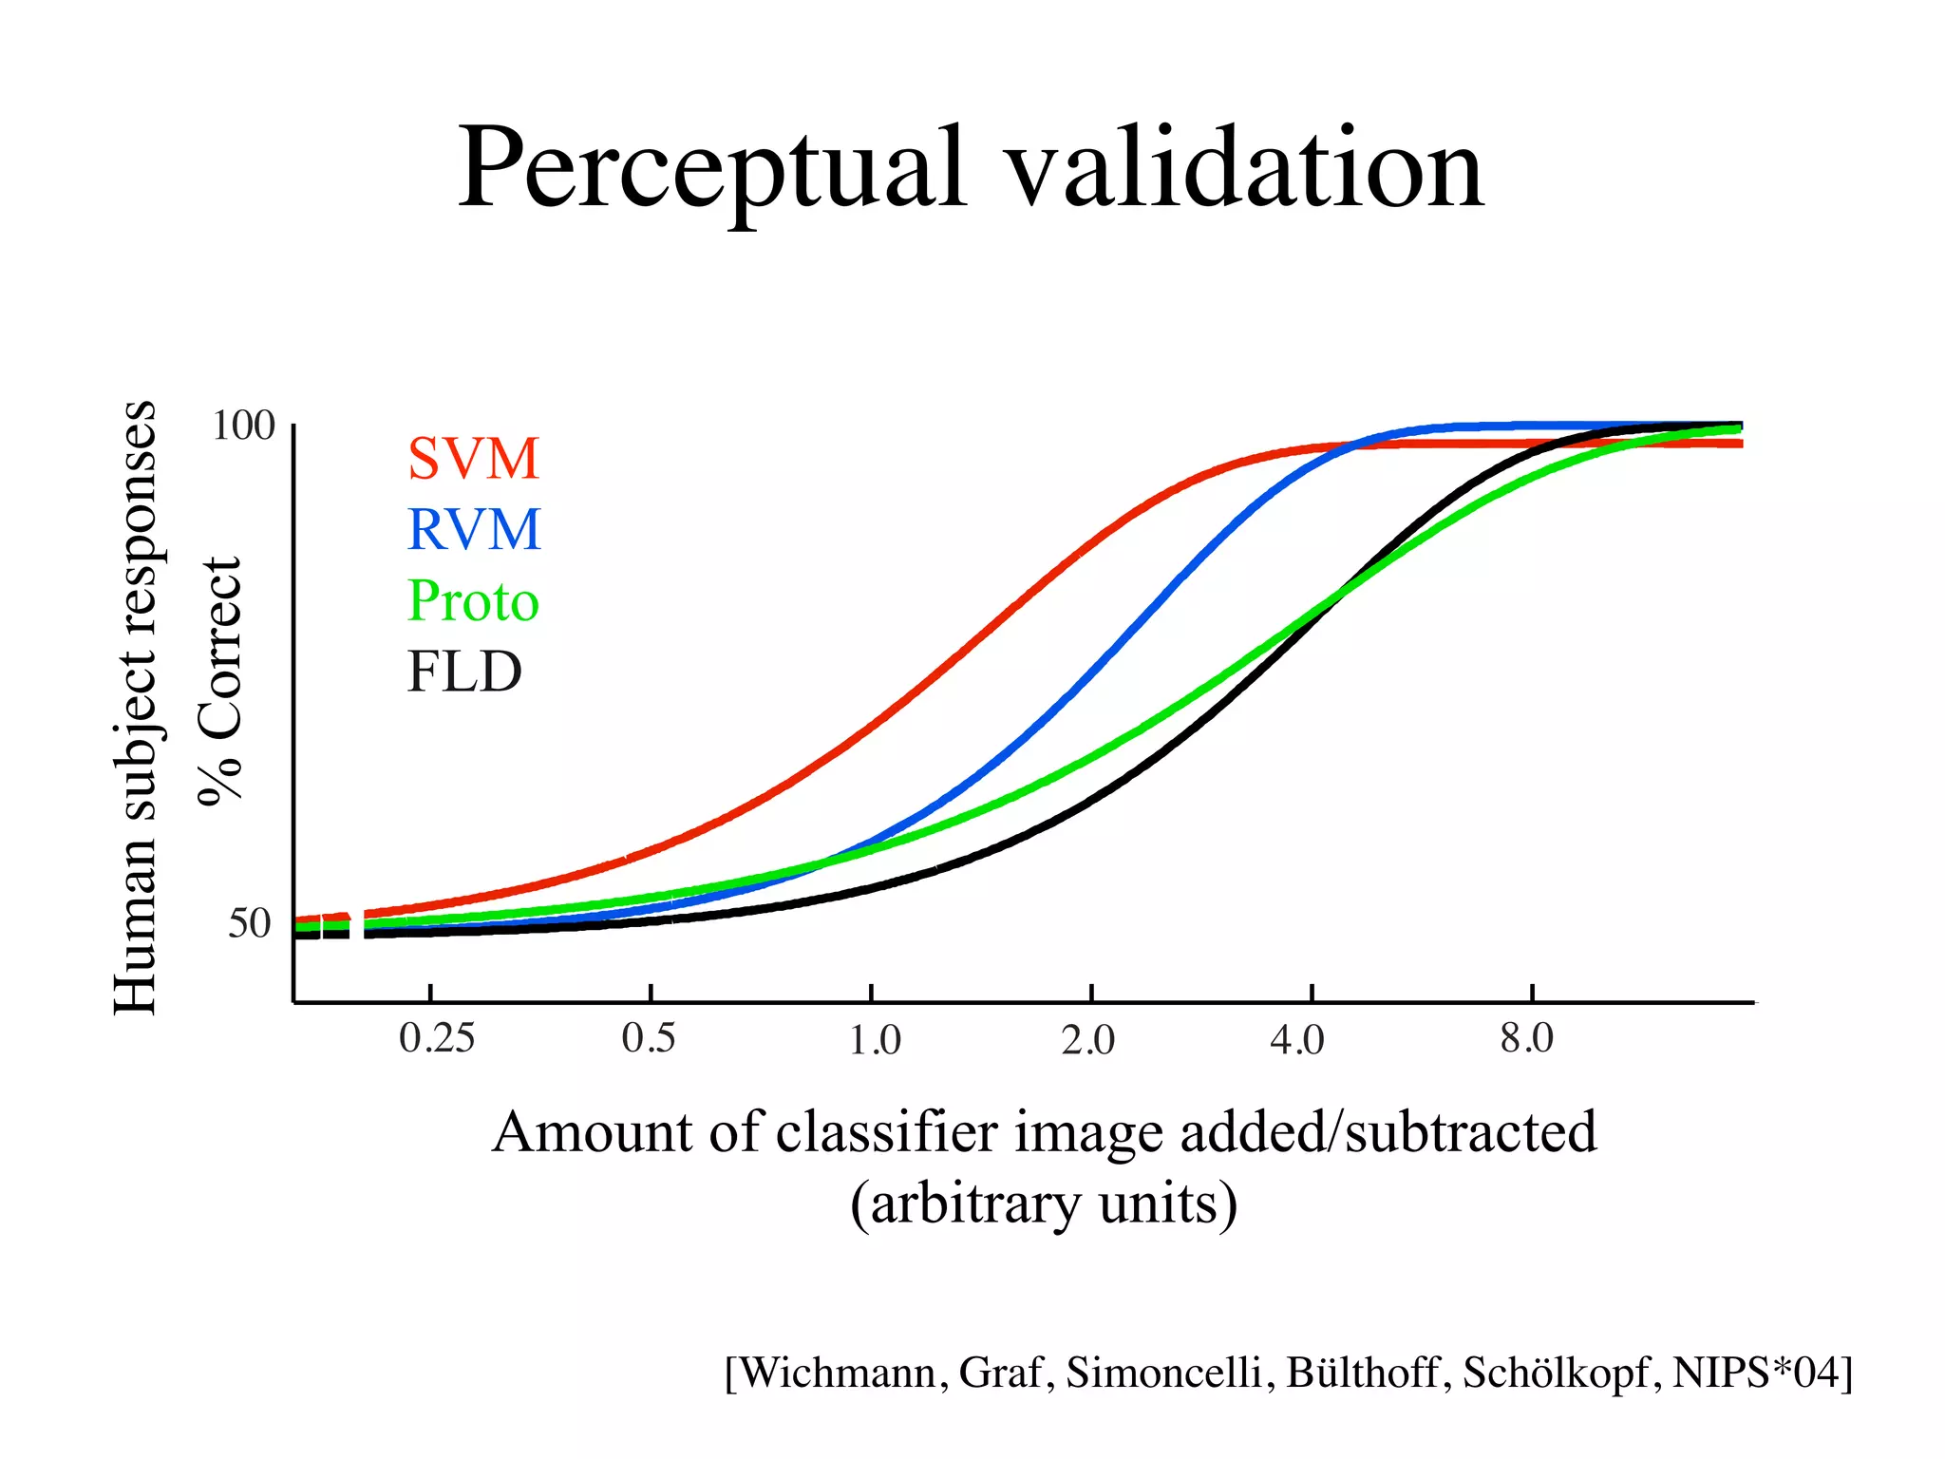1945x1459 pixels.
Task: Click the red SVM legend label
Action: click(473, 459)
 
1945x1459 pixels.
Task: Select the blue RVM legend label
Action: click(473, 529)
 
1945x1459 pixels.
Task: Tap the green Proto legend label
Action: click(473, 601)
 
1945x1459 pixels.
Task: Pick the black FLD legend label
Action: click(464, 672)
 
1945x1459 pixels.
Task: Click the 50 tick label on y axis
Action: click(249, 923)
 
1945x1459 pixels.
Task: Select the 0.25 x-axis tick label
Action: click(436, 1038)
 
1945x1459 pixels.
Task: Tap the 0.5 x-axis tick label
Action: click(649, 1038)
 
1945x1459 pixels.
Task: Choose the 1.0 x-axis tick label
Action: click(874, 1041)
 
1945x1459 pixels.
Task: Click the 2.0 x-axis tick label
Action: click(1088, 1041)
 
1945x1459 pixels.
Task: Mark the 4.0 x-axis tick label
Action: click(1297, 1041)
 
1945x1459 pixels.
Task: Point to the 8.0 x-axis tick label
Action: click(1527, 1038)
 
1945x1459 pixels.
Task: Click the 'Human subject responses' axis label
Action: click(134, 708)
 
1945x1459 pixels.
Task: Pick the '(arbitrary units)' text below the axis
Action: click(1043, 1204)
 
